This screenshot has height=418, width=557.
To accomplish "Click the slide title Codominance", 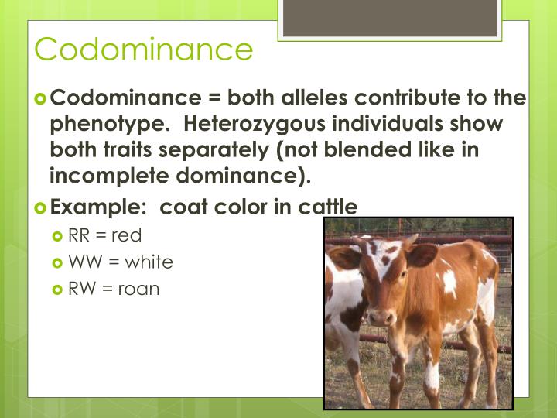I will coord(144,49).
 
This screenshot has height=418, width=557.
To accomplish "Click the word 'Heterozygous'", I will coord(256,124).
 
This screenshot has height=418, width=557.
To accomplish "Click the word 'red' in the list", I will coord(127,235).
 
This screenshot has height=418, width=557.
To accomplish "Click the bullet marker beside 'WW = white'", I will coord(57,262).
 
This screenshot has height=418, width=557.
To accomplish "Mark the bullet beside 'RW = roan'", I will coord(57,290).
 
